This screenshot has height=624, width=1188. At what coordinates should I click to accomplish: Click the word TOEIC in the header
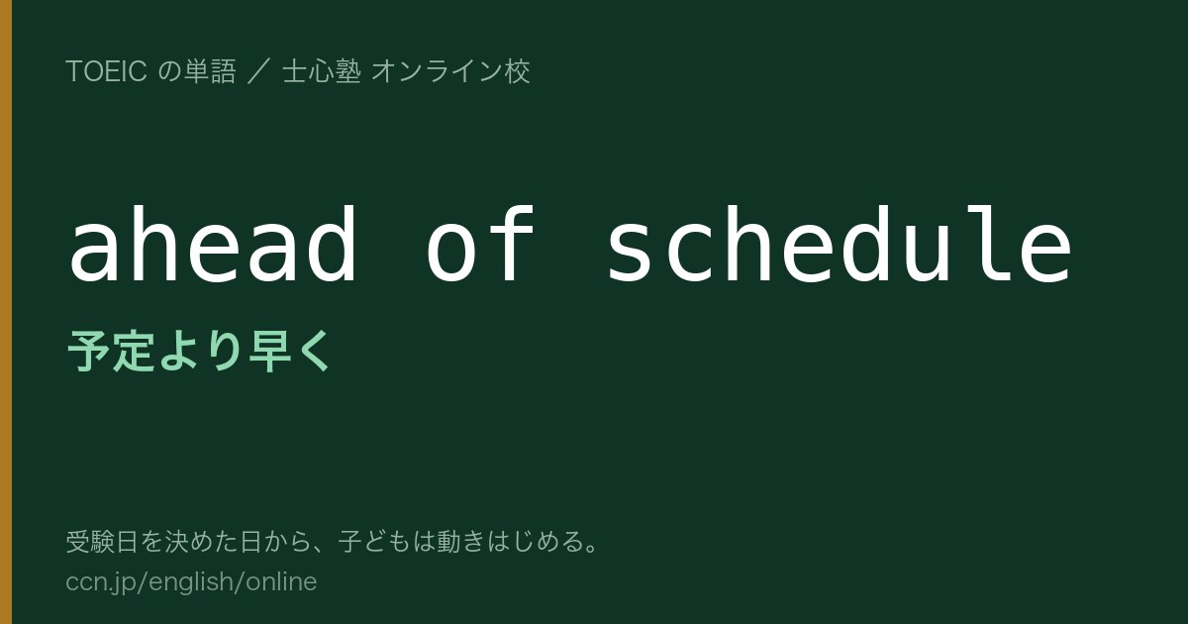click(106, 71)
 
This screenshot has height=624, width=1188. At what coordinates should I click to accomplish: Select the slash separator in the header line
click(259, 71)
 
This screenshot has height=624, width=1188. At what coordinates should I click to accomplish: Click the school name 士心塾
click(322, 71)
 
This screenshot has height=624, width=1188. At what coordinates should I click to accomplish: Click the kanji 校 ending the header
click(517, 71)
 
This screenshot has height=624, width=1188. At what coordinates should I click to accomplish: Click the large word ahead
click(213, 244)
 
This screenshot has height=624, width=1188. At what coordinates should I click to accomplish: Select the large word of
click(479, 244)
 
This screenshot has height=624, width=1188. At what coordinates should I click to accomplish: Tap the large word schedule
click(840, 244)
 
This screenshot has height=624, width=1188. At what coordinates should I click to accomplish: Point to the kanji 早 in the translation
click(269, 351)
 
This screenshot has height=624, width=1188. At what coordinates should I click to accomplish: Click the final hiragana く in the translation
click(314, 351)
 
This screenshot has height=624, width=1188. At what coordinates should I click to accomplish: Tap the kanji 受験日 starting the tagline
click(102, 542)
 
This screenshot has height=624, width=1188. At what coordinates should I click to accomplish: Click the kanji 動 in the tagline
click(448, 542)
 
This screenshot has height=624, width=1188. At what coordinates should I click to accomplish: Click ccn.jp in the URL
click(101, 582)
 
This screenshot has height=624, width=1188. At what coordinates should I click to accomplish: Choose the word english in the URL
click(190, 582)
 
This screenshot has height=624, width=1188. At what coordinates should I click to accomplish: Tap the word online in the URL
click(281, 581)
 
